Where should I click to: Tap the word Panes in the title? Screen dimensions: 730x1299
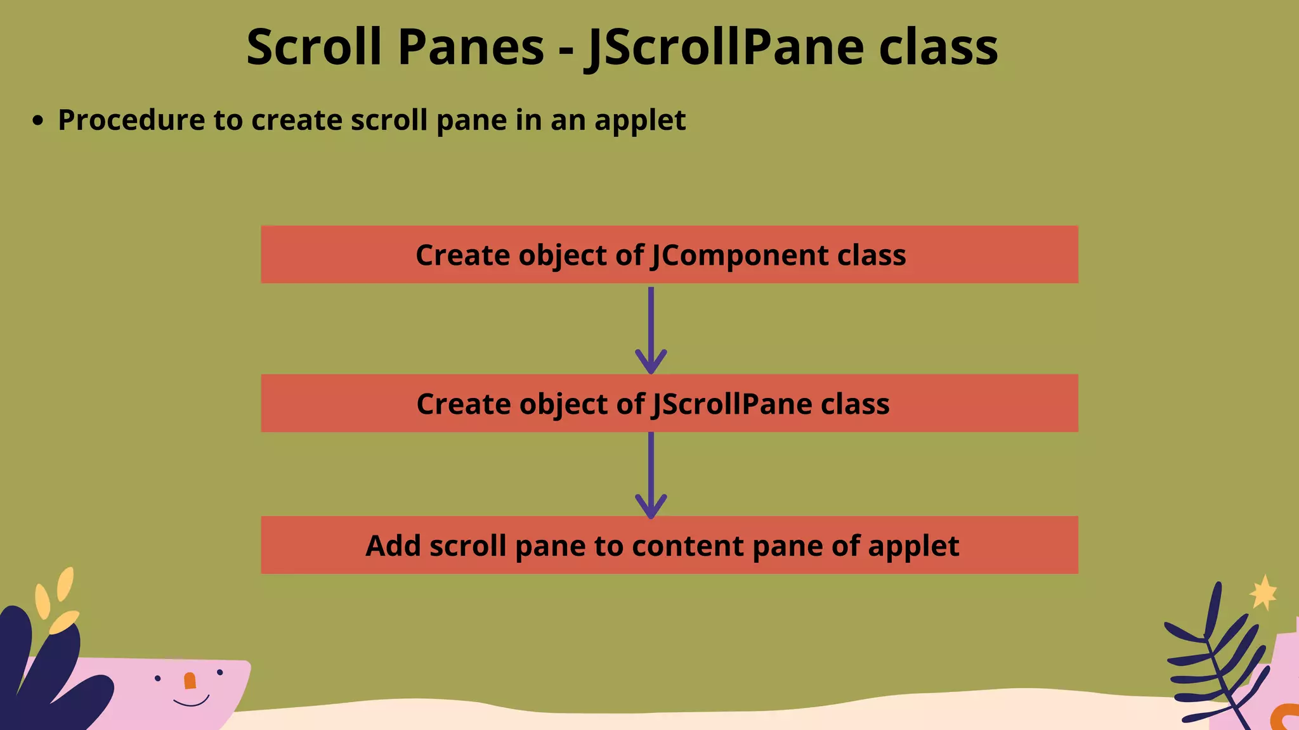tap(470, 48)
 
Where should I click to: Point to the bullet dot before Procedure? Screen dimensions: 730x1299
tap(39, 120)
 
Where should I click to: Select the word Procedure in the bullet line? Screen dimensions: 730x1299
tap(131, 120)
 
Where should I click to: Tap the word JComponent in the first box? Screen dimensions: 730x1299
tap(740, 255)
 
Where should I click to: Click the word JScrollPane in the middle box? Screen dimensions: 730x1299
tap(732, 404)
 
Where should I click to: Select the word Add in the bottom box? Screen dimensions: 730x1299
tap(393, 546)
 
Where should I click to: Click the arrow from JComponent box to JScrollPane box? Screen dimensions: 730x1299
tap(651, 330)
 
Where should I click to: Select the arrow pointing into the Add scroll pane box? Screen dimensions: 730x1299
tap(651, 475)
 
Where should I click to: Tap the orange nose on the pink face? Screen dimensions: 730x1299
tap(190, 681)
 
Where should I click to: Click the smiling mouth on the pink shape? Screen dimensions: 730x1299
tap(191, 701)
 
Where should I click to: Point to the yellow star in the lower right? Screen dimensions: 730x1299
tap(1263, 593)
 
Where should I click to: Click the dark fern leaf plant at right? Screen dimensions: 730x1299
tap(1211, 659)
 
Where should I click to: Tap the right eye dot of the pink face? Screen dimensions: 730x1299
tap(220, 672)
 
